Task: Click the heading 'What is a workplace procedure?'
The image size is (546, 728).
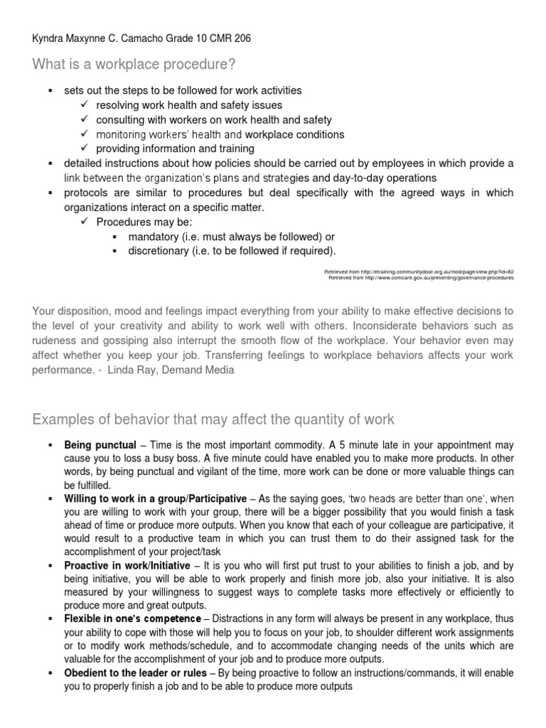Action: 134,65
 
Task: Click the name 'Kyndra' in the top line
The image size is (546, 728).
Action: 49,38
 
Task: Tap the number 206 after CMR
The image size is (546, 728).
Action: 241,38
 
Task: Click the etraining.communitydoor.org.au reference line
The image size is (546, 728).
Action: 419,272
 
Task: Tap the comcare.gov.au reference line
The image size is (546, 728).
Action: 421,278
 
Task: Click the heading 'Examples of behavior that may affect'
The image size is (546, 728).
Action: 213,419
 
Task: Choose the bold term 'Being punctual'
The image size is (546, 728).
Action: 100,445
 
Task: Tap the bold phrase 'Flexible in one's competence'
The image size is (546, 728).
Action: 129,620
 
